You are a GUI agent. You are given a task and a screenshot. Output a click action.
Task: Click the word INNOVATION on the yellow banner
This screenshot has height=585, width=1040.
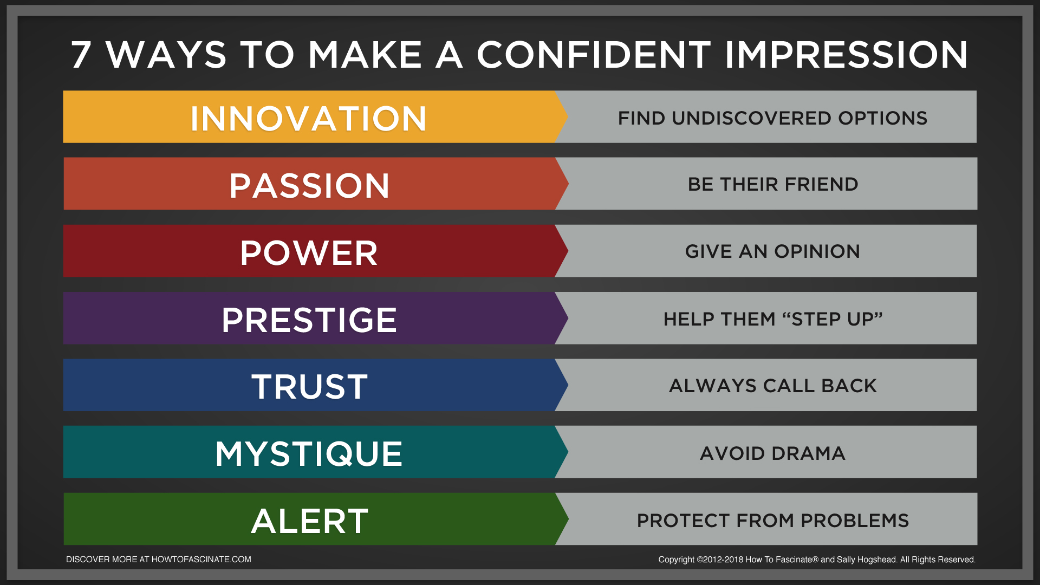pos(309,119)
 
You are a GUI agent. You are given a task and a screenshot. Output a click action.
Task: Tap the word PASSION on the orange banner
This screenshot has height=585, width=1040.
pos(309,186)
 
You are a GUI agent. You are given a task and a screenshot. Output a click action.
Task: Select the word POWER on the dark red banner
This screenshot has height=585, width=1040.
pos(309,253)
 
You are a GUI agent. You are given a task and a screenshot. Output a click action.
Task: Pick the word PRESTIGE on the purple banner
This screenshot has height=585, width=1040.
pos(309,320)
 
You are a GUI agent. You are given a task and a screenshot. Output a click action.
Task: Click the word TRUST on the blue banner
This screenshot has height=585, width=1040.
pos(309,387)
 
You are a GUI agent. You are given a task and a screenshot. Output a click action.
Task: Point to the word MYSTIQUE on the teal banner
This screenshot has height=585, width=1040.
pos(309,454)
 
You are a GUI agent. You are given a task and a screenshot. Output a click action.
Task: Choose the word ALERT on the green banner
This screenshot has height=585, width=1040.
pos(310,521)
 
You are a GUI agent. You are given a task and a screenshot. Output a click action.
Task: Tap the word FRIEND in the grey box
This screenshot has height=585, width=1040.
pos(821,184)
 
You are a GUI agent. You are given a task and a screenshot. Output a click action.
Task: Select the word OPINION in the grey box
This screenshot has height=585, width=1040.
pos(817,251)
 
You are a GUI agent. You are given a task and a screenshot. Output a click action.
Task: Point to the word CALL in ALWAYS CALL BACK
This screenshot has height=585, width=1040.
pos(789,386)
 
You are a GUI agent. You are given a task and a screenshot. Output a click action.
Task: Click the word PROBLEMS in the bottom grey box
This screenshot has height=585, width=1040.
pos(855,521)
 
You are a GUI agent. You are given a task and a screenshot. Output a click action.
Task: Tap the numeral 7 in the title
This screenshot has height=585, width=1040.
pos(81,55)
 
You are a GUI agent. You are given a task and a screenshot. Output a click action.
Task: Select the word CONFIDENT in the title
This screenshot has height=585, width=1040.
pos(594,55)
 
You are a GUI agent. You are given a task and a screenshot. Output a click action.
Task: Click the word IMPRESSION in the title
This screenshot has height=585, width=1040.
pos(846,55)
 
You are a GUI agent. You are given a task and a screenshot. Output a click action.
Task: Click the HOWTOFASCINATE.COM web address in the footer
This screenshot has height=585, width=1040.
pos(201,560)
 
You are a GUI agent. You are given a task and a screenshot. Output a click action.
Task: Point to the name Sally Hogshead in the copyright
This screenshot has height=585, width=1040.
pos(867,560)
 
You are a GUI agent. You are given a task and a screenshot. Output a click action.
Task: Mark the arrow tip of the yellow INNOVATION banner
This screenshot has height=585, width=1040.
pos(568,116)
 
